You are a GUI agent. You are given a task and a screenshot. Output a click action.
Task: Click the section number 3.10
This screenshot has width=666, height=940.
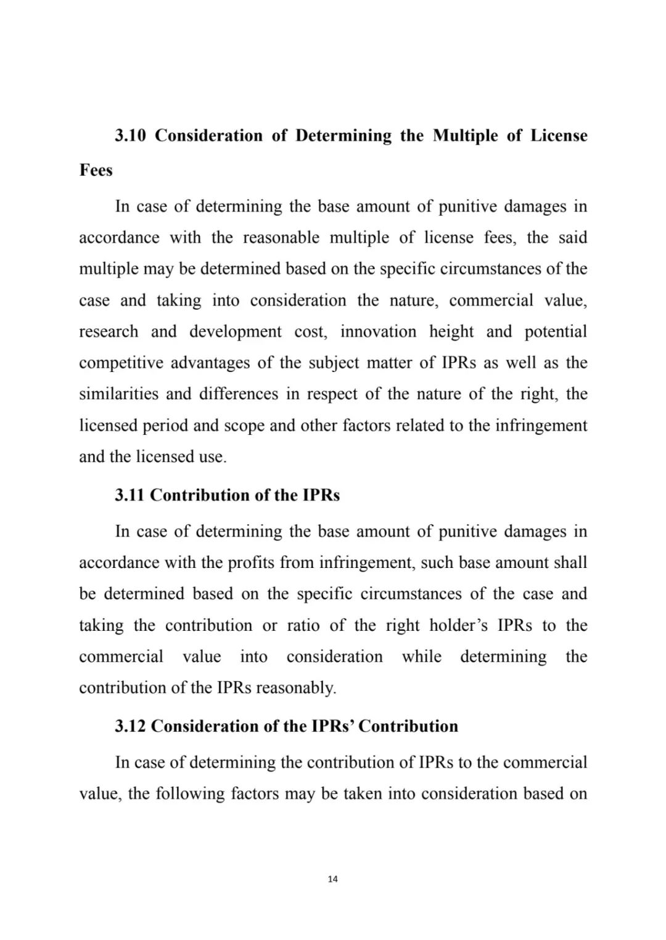[130, 136]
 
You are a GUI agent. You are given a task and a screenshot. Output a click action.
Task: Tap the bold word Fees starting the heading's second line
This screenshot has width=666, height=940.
[96, 170]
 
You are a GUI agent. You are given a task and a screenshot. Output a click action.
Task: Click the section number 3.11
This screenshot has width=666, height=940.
[130, 495]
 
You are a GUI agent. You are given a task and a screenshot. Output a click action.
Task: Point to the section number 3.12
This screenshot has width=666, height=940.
[130, 726]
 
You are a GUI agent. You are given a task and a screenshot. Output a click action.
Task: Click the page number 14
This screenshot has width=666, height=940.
[333, 879]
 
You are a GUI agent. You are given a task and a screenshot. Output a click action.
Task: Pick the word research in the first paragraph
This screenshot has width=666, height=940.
[109, 331]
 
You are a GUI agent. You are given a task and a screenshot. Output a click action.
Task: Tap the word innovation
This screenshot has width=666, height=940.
[378, 331]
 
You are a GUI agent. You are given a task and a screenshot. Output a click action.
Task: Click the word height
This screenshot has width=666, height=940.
[451, 331]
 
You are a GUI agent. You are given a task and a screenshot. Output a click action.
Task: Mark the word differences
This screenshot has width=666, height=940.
[239, 394]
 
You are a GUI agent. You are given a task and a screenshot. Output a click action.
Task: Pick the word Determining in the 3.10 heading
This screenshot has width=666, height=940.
[343, 136]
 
